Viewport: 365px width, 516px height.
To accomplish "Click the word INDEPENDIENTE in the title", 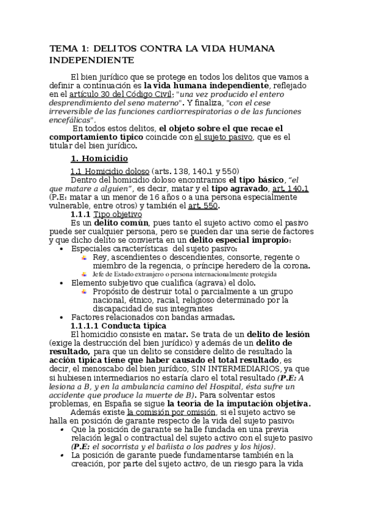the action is point(91,60).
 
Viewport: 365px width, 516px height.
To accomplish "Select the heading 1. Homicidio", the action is point(99,158).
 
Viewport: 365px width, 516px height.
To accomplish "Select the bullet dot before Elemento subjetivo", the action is point(63,283).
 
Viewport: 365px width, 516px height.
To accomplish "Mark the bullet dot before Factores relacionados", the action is point(63,317).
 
